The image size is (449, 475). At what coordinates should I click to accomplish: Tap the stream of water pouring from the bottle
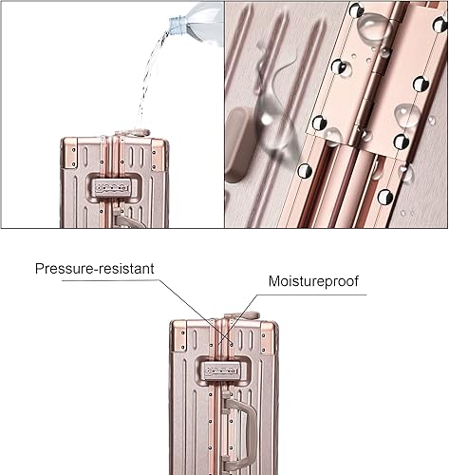pos(148,81)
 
